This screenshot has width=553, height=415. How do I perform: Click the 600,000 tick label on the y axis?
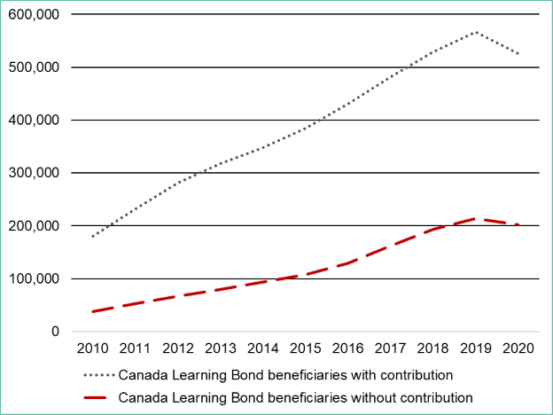34,14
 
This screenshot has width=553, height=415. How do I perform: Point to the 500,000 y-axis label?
34,67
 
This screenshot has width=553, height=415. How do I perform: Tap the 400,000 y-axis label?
34,120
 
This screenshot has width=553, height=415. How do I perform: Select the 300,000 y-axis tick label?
34,173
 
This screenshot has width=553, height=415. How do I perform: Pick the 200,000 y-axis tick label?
34,226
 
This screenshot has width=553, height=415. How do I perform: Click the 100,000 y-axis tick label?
34,278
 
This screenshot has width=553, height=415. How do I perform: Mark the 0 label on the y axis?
55,332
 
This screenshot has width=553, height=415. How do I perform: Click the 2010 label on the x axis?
93,349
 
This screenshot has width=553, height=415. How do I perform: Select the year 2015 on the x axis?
306,349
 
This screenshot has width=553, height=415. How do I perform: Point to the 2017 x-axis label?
391,349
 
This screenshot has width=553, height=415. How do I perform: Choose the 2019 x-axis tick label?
476,349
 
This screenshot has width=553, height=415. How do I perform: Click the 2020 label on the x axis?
518,349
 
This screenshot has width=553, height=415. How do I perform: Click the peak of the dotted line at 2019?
476,32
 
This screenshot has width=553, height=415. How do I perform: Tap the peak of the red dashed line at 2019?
476,218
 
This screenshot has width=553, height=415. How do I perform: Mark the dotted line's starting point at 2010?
93,237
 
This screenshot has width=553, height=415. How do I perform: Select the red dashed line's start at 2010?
93,311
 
